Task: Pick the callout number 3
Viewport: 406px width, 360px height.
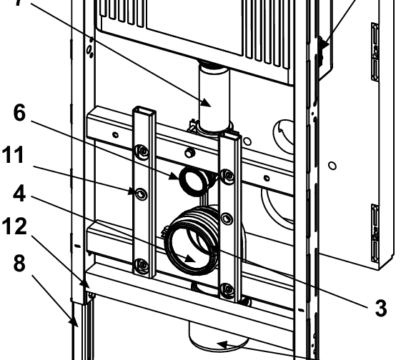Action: point(381,309)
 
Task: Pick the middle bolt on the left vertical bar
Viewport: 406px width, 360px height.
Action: point(141,194)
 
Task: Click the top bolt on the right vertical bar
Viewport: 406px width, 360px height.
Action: point(228,174)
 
